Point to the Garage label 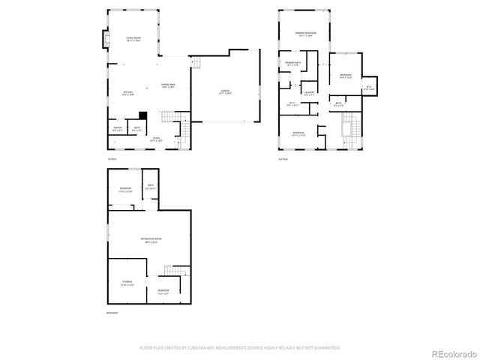pos(225,92)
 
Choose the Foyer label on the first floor pos(157,139)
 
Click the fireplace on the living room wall pos(105,38)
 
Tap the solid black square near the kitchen pos(142,115)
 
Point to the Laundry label pos(309,94)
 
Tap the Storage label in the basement pos(127,283)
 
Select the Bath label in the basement pos(150,187)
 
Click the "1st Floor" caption pos(112,159)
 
